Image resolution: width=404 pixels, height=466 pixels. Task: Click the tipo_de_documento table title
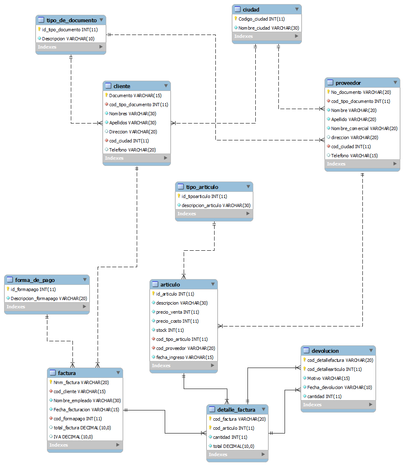pyautogui.click(x=72, y=20)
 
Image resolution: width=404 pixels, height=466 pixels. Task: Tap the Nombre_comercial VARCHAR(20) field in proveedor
pyautogui.click(x=364, y=128)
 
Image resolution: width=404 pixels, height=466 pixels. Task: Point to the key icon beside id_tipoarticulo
pyautogui.click(x=179, y=196)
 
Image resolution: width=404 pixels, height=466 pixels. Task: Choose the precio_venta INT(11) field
pyautogui.click(x=177, y=312)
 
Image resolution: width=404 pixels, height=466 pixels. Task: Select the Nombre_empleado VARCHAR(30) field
pyautogui.click(x=87, y=401)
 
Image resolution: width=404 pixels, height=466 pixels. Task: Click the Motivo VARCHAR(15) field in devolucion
pyautogui.click(x=328, y=378)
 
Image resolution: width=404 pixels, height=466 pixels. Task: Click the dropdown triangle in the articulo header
pyautogui.click(x=213, y=284)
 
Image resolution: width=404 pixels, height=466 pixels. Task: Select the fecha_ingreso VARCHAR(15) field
pyautogui.click(x=184, y=357)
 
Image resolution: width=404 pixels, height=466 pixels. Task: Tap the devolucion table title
pyautogui.click(x=325, y=351)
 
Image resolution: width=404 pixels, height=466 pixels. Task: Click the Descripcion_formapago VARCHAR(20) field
pyautogui.click(x=49, y=298)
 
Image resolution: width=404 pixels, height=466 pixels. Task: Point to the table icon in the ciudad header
pyautogui.click(x=237, y=9)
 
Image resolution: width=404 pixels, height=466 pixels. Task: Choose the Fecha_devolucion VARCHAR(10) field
pyautogui.click(x=339, y=387)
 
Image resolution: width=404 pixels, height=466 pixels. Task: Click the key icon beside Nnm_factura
pyautogui.click(x=50, y=382)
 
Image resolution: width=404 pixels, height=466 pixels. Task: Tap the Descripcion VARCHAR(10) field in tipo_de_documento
pyautogui.click(x=68, y=39)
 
